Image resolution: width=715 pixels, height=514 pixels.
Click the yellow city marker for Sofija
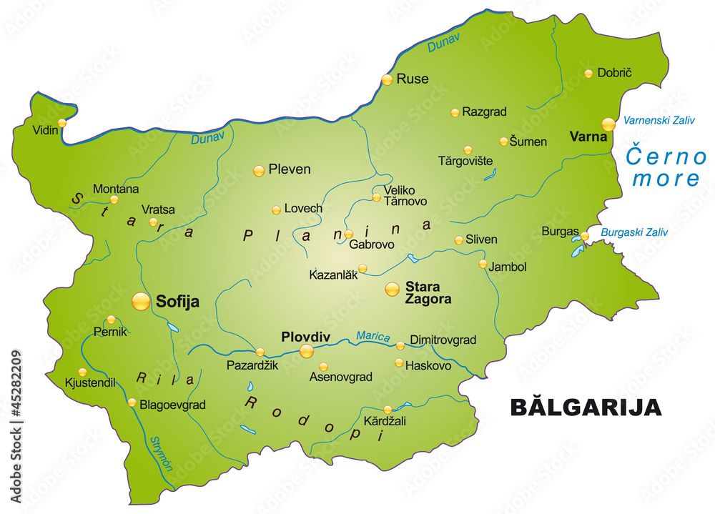point(142,302)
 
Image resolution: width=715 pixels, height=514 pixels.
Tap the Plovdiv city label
point(305,336)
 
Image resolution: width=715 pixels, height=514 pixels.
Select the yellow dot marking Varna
point(608,124)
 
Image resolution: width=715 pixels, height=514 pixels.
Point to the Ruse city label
point(413,79)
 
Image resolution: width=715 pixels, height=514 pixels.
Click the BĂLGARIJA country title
point(586,407)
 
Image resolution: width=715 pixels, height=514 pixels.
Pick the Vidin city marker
point(62,123)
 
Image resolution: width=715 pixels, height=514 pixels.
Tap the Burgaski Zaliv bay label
point(634,232)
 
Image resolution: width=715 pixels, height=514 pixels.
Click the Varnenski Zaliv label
point(659,121)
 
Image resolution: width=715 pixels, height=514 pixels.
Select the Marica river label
point(373,335)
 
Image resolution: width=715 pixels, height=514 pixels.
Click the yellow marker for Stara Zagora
point(393,289)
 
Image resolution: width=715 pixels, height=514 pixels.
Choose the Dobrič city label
point(614,73)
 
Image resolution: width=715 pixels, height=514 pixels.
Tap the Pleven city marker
point(259,170)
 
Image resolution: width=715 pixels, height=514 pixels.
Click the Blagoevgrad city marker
point(132,402)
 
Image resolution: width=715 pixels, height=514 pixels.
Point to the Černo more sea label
point(666,167)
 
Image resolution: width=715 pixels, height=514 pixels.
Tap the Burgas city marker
point(585,236)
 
